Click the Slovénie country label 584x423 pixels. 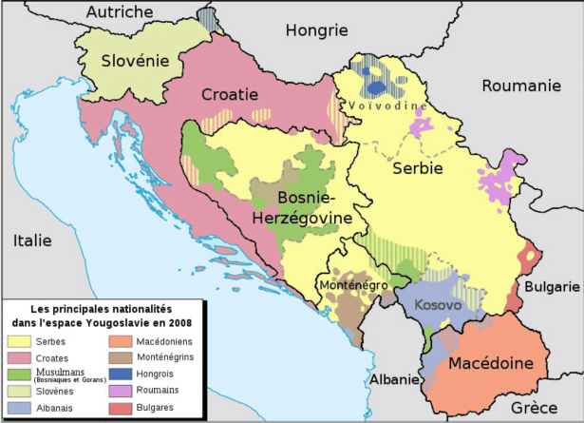135,64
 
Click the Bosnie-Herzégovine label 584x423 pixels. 302,207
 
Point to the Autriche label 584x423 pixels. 119,11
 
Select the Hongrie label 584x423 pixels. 316,29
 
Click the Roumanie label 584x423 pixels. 521,86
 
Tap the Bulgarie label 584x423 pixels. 556,286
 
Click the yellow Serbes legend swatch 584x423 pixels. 20,339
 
